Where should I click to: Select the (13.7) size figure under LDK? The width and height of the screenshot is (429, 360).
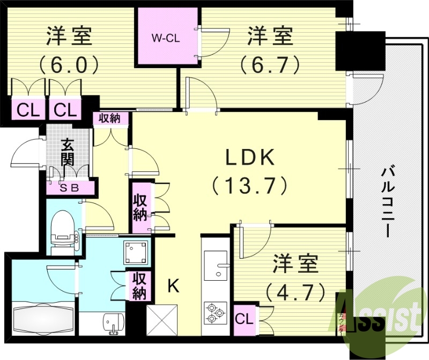coord(249,185)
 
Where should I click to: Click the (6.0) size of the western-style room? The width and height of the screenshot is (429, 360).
coord(69,65)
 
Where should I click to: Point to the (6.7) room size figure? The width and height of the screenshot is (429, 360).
coord(270,65)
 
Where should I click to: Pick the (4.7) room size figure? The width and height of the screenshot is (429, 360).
coord(296,292)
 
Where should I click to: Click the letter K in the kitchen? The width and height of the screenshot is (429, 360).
coord(173,286)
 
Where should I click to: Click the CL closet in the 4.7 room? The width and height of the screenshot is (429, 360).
coord(245,319)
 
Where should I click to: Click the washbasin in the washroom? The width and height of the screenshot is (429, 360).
coord(113,324)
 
